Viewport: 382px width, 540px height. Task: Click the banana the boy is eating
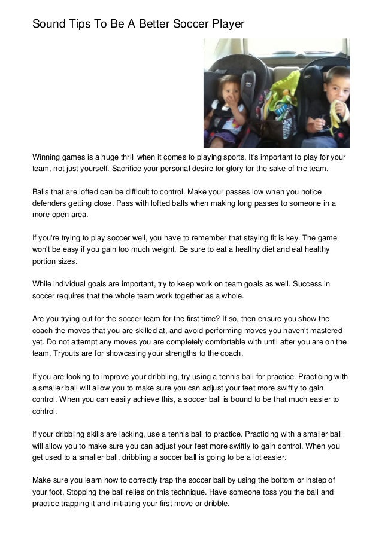[x=335, y=113]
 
